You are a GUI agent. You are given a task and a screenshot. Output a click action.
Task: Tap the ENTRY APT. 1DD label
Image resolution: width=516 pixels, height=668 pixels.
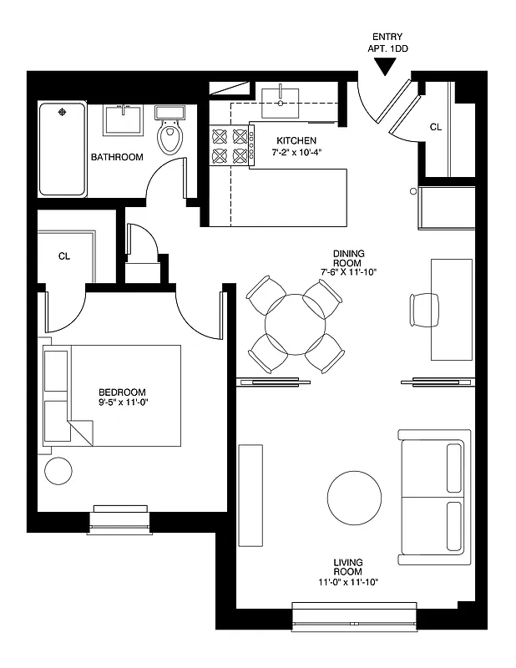[387, 42]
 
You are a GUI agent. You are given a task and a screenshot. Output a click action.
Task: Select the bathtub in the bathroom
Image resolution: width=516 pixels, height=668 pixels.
[63, 149]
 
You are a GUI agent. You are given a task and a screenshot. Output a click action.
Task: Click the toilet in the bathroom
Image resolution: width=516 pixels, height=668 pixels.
[170, 134]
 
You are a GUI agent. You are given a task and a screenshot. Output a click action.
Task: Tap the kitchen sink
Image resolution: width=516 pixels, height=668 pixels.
[284, 102]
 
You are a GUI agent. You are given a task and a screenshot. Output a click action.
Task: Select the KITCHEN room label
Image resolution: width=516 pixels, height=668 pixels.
[296, 140]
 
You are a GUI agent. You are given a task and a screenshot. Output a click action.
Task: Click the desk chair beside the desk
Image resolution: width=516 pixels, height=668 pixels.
[420, 309]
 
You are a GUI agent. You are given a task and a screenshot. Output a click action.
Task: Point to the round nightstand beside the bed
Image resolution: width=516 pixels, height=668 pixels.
[59, 471]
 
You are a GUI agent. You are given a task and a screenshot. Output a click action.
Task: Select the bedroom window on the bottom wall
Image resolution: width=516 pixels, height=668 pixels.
[121, 518]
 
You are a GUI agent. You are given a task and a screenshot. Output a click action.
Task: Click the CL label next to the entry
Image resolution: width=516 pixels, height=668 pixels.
[435, 128]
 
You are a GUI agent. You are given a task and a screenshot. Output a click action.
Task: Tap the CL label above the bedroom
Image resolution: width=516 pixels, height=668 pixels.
[64, 256]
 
